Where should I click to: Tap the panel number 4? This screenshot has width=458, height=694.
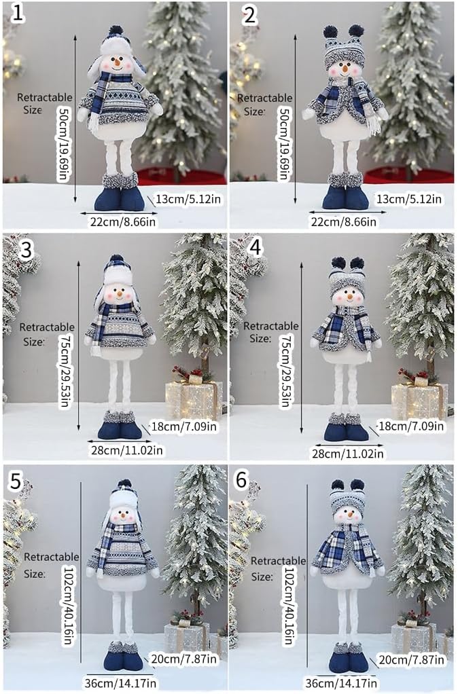(x=256, y=248)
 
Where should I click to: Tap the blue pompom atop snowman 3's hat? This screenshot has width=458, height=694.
(x=116, y=260)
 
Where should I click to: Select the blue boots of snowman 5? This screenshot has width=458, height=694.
(x=122, y=659)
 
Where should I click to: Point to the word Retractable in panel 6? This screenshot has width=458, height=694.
(x=278, y=561)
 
